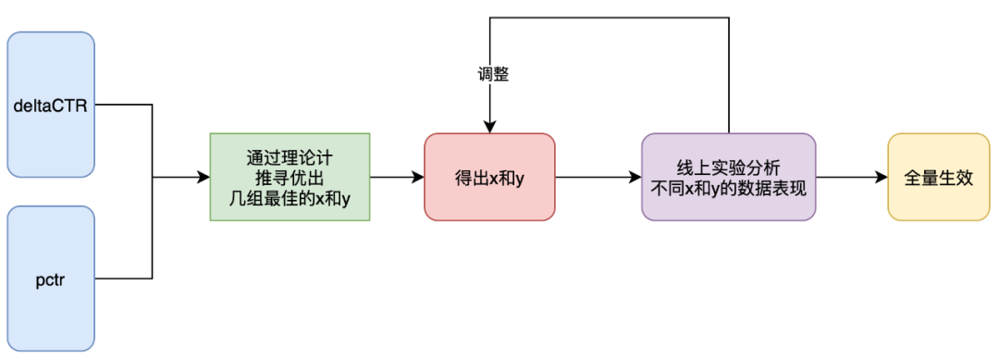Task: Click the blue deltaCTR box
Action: click(51, 105)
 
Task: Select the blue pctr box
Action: click(51, 279)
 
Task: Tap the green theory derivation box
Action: click(290, 177)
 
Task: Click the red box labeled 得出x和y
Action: click(489, 177)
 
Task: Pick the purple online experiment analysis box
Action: click(728, 177)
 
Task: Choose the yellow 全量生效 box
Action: click(939, 177)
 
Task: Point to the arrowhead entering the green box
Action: click(203, 177)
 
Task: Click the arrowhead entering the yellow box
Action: click(882, 177)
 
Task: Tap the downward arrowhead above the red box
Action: click(489, 128)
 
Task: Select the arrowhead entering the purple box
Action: click(635, 177)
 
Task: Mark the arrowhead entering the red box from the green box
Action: click(419, 177)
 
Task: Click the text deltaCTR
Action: click(50, 106)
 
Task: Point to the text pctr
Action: click(50, 279)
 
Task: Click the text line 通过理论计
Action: click(290, 157)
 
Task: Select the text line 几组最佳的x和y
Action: click(290, 198)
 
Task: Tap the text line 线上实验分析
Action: click(728, 168)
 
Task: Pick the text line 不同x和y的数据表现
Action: click(728, 189)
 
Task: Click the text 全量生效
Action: click(939, 178)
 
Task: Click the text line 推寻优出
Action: click(290, 178)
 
